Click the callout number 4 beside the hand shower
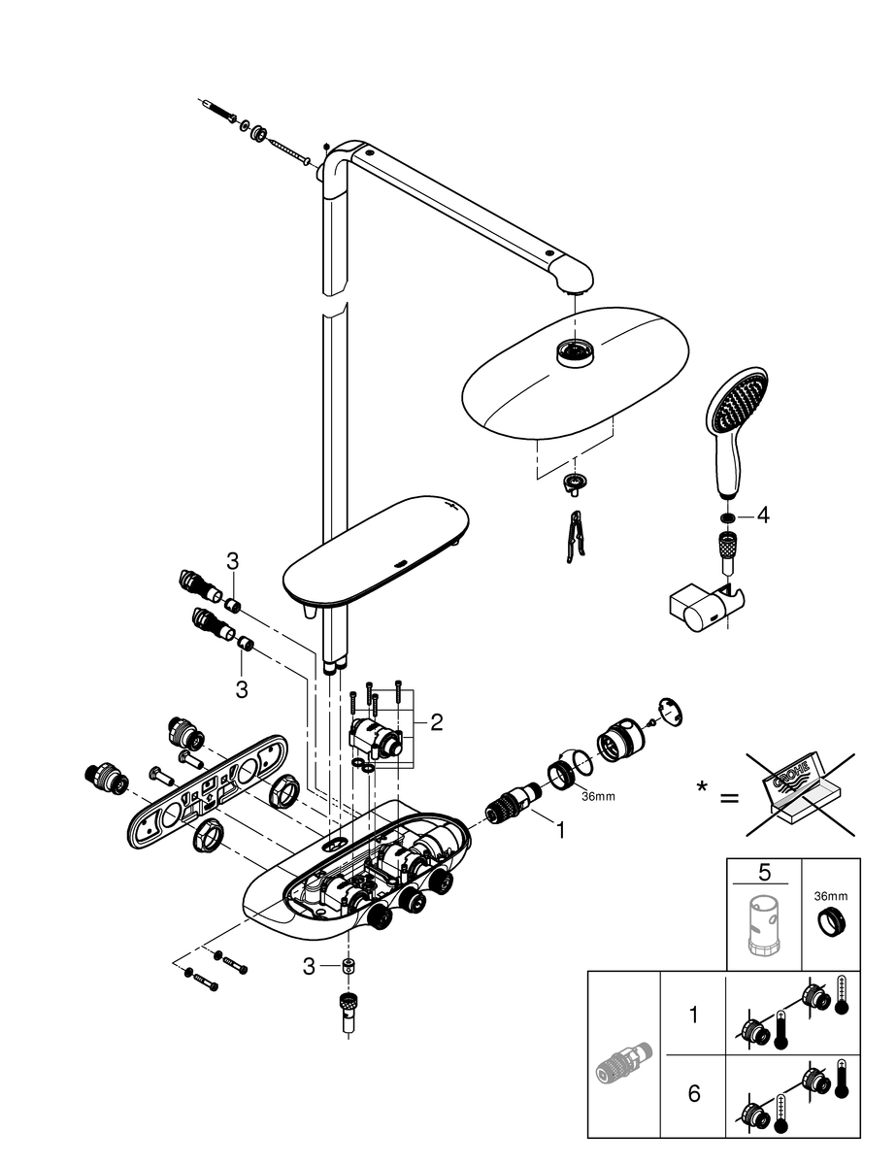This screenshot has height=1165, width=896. coord(763,516)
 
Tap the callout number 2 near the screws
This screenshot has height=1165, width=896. coord(436,722)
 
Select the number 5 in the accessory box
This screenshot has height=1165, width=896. coord(764,872)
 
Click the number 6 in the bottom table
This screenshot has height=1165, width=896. coord(693,1094)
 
